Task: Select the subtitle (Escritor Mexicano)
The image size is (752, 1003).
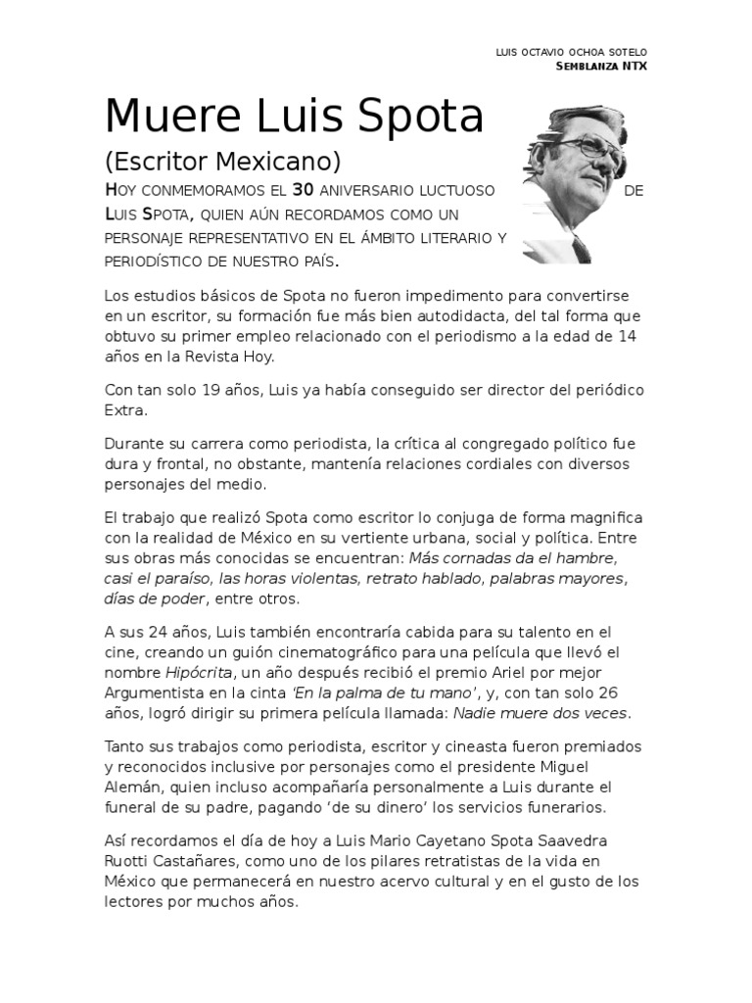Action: click(222, 161)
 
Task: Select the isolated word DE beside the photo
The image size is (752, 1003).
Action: click(633, 190)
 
